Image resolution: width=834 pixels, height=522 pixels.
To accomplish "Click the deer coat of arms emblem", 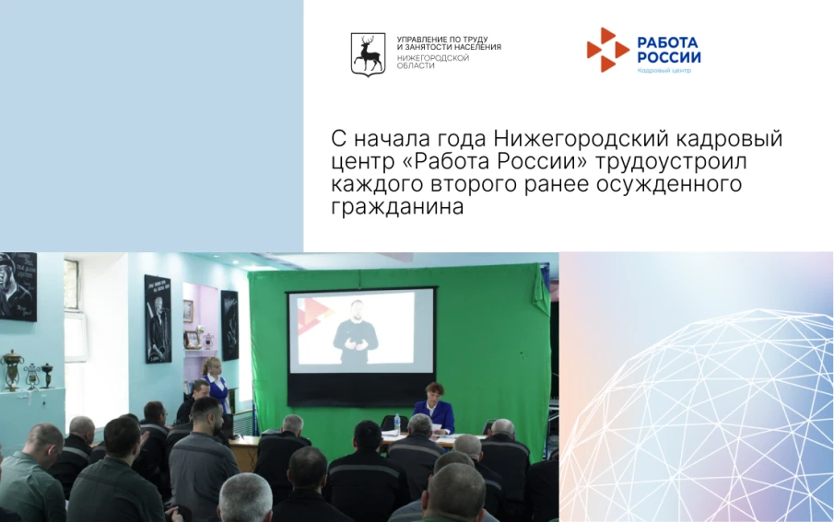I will point(368,54).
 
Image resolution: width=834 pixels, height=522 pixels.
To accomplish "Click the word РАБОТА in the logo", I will point(668,42).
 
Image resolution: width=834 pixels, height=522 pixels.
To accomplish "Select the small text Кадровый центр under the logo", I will point(664,71).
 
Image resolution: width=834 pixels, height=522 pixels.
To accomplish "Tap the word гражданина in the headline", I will point(396,208).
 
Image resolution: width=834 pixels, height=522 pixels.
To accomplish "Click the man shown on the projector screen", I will point(357,331).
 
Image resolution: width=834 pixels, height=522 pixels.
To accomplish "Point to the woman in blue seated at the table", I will point(432,408).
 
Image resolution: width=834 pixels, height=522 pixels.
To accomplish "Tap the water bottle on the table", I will point(396,423).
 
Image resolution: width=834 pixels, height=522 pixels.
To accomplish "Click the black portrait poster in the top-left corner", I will point(18,286).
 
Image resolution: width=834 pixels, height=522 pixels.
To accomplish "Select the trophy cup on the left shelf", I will point(11,369).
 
